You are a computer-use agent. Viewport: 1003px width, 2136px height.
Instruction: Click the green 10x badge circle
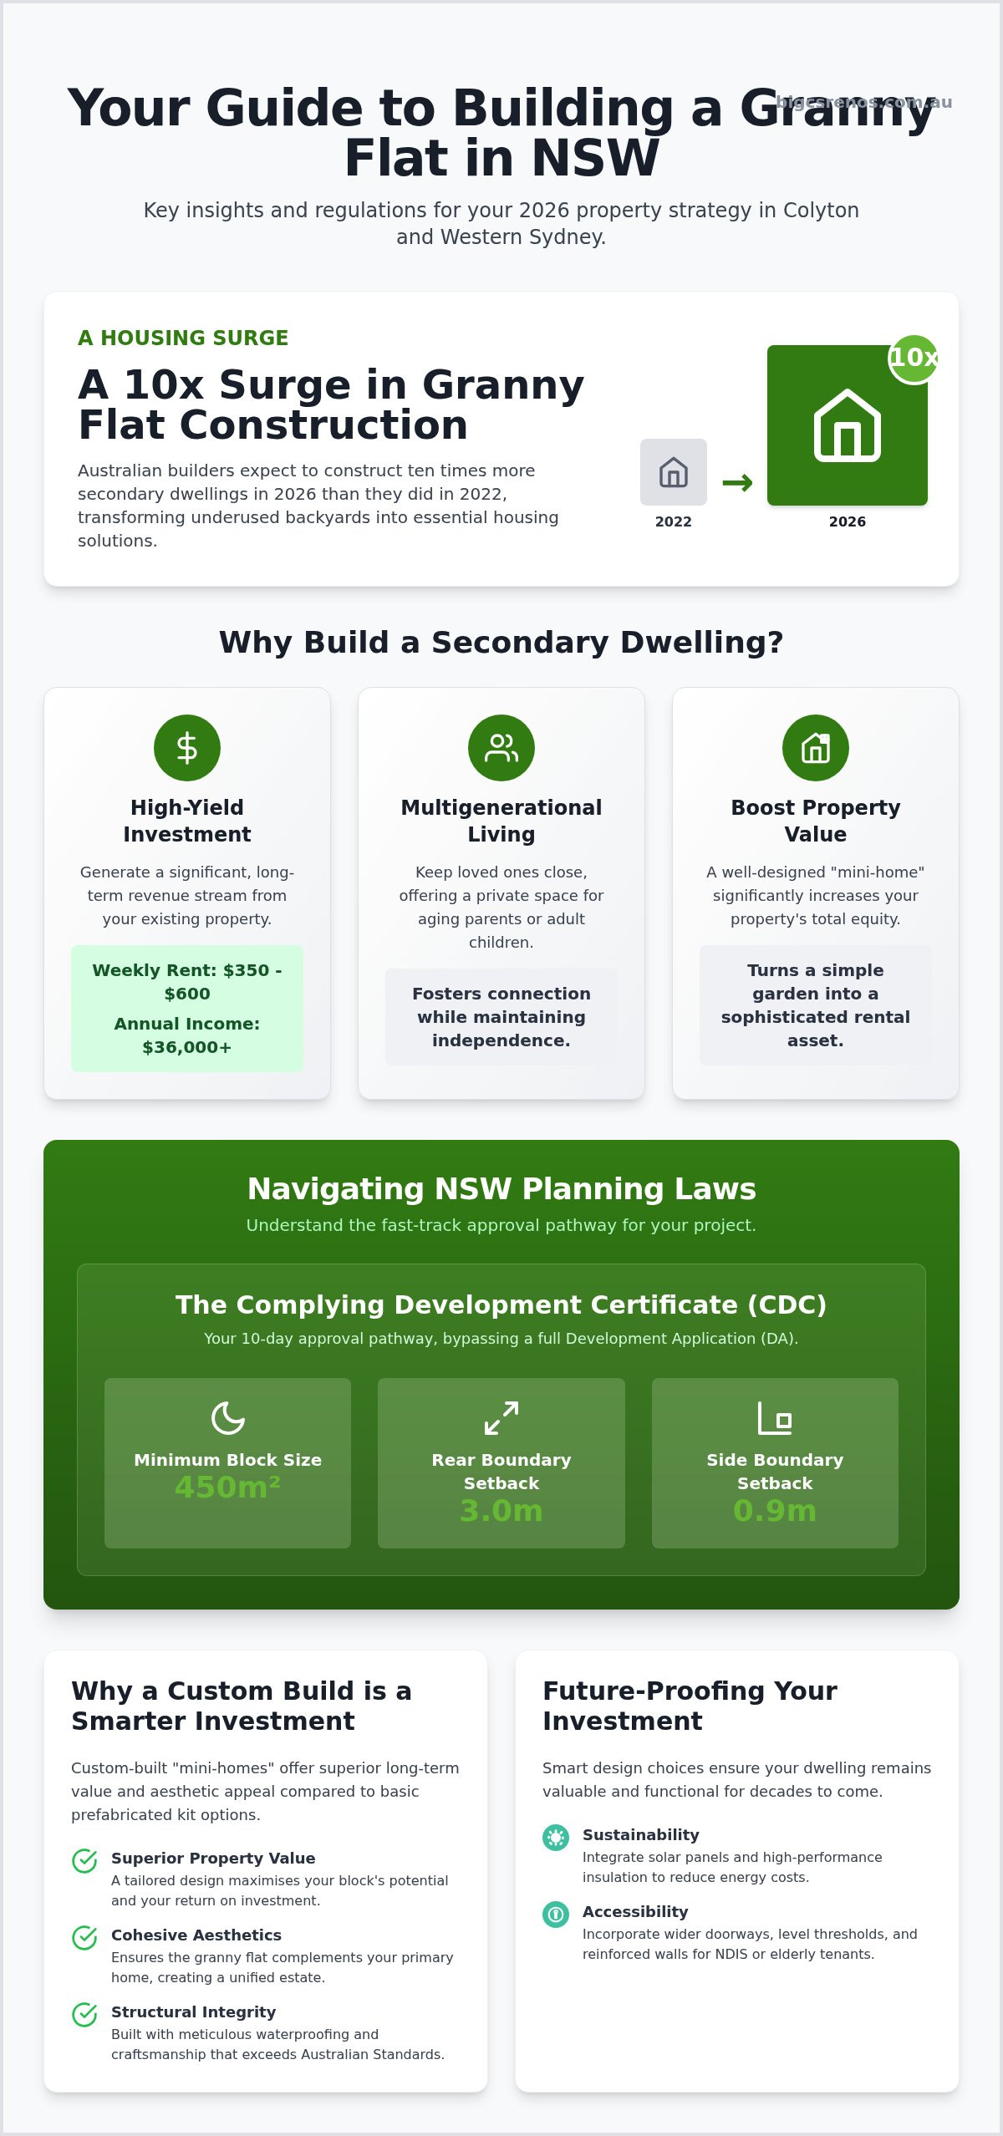click(x=913, y=359)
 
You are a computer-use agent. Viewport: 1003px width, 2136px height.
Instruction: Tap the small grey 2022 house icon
click(x=674, y=472)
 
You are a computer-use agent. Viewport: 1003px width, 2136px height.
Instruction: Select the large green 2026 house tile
click(x=848, y=425)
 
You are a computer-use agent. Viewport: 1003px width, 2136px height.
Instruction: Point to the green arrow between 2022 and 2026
click(x=737, y=482)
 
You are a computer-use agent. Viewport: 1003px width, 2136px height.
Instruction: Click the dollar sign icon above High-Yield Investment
click(x=187, y=748)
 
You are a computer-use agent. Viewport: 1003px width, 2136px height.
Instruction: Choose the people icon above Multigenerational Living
click(x=501, y=748)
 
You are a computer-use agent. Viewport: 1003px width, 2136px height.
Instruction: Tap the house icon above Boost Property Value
click(x=816, y=748)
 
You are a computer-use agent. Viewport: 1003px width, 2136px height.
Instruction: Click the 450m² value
click(x=227, y=1488)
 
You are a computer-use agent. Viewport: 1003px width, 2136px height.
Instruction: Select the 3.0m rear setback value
click(x=501, y=1511)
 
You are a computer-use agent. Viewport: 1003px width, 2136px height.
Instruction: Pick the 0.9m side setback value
click(x=775, y=1511)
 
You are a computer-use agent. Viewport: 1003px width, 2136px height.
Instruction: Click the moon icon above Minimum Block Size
click(x=227, y=1418)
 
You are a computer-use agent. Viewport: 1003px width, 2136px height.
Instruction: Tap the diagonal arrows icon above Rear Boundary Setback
click(x=501, y=1418)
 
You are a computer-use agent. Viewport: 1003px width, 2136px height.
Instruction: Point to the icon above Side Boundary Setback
click(x=775, y=1418)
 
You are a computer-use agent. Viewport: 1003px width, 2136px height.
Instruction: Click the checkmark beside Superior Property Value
click(x=84, y=1861)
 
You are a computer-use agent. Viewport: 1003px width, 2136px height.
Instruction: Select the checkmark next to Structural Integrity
click(x=84, y=2015)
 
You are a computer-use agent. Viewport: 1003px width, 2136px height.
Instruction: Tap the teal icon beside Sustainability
click(x=556, y=1837)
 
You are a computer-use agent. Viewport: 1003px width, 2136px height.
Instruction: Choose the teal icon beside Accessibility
click(x=556, y=1914)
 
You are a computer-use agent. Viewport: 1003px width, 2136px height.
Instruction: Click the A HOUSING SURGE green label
click(x=183, y=338)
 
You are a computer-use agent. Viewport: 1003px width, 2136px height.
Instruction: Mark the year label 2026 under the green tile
click(x=848, y=521)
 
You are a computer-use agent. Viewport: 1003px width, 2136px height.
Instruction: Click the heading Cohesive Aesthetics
click(x=196, y=1935)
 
